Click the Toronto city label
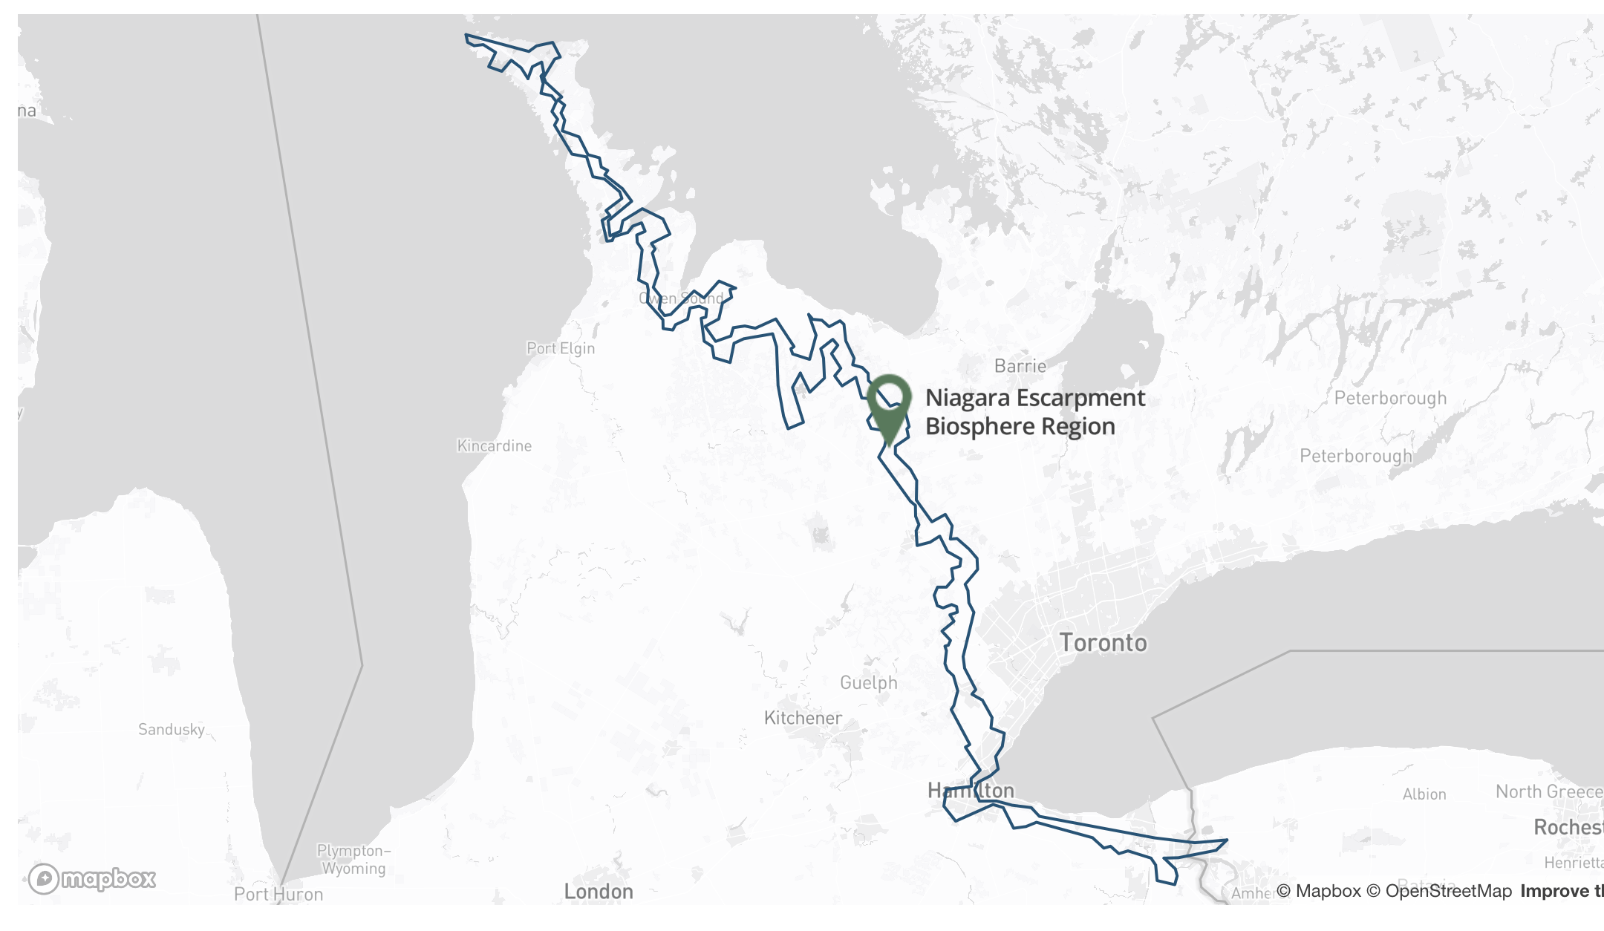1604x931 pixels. tap(1103, 643)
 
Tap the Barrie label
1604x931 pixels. tap(1020, 366)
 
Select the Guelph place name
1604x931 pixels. tap(868, 683)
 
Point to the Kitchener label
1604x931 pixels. tap(803, 718)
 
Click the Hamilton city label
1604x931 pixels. tap(971, 791)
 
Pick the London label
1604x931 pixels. tap(599, 892)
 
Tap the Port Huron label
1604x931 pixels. tap(278, 895)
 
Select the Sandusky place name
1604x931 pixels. tap(172, 730)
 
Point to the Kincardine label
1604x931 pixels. tap(495, 446)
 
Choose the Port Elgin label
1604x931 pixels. tap(561, 349)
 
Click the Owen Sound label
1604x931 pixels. tap(681, 298)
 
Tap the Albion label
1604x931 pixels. tap(1424, 794)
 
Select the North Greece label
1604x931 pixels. tap(1549, 792)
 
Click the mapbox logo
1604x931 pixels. tap(92, 880)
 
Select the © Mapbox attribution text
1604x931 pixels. tap(1319, 891)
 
